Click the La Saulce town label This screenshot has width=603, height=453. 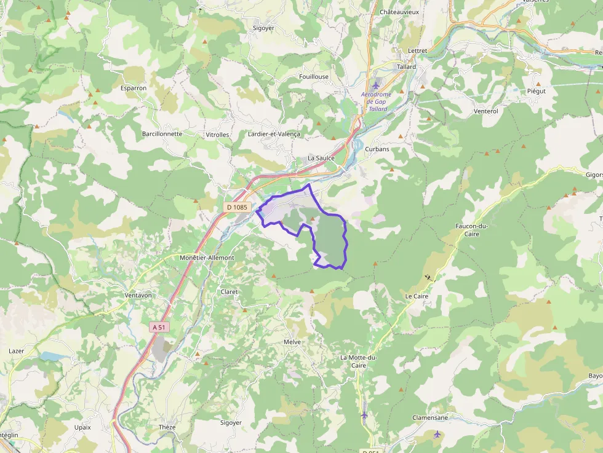321,158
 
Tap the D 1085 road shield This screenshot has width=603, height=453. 237,207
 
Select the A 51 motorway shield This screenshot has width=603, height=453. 159,328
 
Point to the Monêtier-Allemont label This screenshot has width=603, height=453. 207,258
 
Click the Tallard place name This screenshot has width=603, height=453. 406,66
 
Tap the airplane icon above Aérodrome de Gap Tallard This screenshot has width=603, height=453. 376,84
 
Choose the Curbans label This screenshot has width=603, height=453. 377,149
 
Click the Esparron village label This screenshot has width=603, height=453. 134,88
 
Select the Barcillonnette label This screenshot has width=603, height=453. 162,133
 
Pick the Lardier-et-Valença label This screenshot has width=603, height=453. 273,134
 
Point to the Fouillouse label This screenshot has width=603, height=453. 314,76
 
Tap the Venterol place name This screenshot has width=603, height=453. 486,111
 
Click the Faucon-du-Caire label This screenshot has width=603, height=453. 471,230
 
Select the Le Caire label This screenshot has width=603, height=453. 417,296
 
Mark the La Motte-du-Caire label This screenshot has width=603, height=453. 357,361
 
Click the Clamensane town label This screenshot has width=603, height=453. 430,417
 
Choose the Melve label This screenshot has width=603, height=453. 292,341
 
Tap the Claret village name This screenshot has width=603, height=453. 229,292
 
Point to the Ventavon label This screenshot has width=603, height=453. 138,295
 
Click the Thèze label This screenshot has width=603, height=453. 167,427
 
